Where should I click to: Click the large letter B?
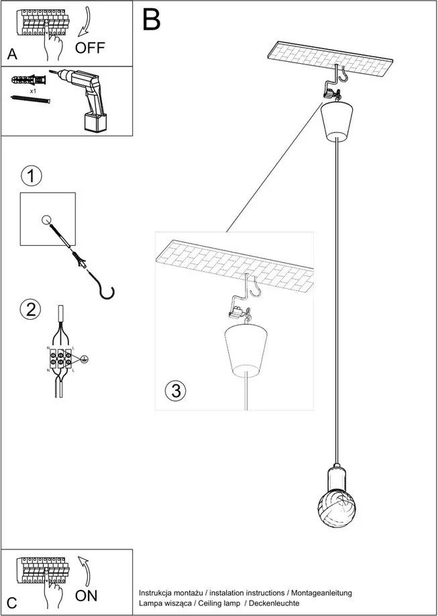pyautogui.click(x=152, y=20)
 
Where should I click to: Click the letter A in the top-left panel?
pyautogui.click(x=13, y=53)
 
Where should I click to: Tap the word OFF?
pyautogui.click(x=91, y=48)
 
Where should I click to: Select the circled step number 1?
pyautogui.click(x=31, y=177)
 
